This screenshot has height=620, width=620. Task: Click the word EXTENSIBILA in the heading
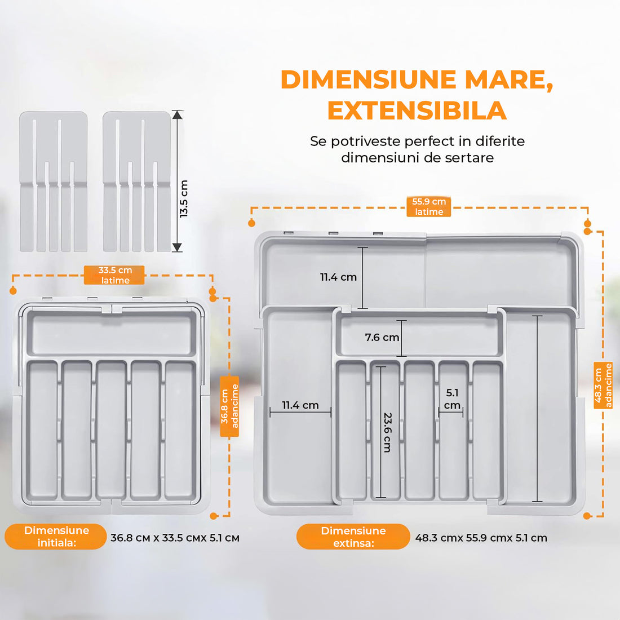(x=417, y=110)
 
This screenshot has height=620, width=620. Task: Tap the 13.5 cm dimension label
(x=184, y=198)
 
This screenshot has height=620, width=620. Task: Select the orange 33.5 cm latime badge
(x=115, y=275)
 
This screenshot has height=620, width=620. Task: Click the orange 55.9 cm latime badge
(x=429, y=207)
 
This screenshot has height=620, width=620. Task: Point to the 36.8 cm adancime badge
(x=229, y=406)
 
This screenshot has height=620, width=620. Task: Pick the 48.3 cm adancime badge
(x=603, y=385)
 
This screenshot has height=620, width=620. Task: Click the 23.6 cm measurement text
(x=387, y=432)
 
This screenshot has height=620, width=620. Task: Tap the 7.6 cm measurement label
(x=382, y=338)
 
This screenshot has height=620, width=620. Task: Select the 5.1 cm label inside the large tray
(x=452, y=399)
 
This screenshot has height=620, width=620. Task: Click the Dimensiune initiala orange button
(x=56, y=537)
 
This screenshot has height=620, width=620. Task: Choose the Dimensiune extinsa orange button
(x=353, y=537)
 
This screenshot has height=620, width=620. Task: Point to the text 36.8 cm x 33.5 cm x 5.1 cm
(x=175, y=538)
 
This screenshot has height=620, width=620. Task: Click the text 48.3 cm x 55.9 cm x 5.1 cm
(x=481, y=538)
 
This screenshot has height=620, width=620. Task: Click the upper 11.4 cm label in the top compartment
(x=338, y=277)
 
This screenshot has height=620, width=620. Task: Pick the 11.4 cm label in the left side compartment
(x=300, y=405)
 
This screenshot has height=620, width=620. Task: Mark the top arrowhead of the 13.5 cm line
(x=178, y=115)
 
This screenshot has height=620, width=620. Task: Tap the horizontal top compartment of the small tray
(x=112, y=334)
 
